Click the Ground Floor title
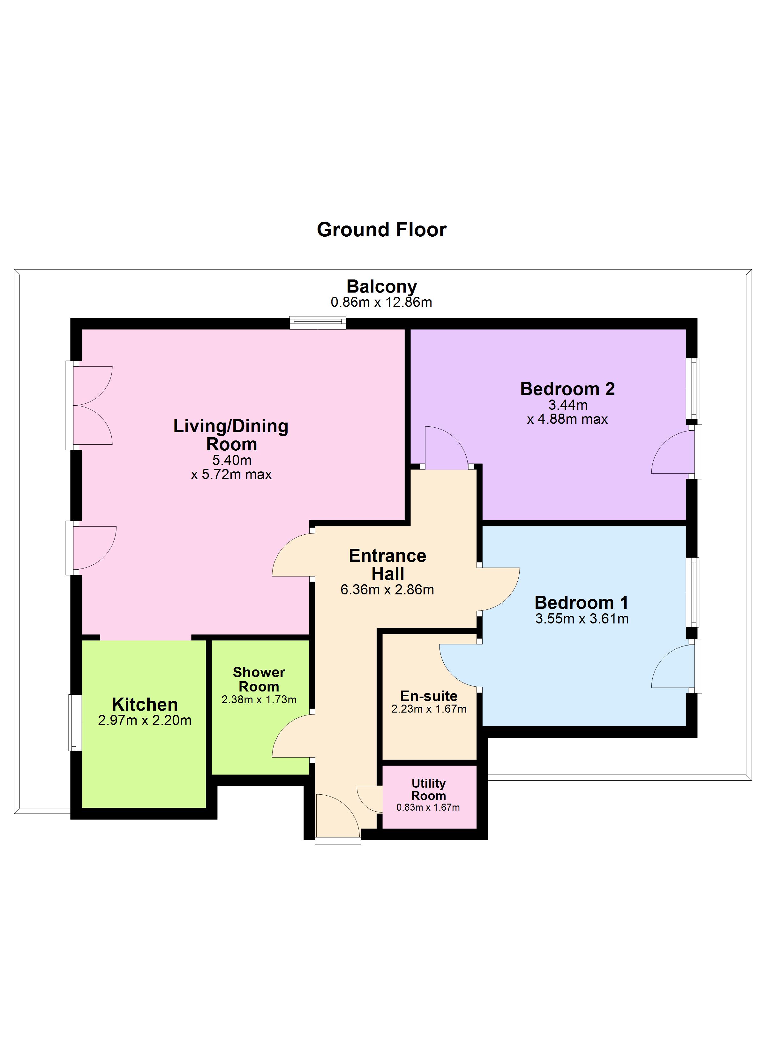(381, 230)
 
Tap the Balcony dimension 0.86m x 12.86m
(381, 302)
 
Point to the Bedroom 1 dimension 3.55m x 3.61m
(582, 619)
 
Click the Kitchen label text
(145, 705)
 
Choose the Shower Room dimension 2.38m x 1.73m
(259, 700)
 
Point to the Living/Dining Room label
(231, 435)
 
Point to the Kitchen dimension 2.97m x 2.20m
(145, 720)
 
